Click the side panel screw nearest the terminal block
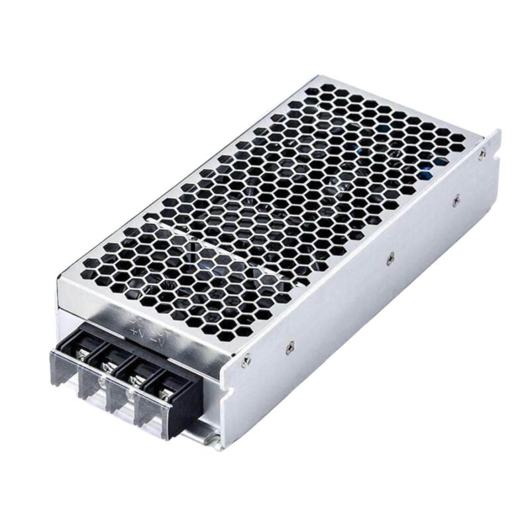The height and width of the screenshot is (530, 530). point(246,360)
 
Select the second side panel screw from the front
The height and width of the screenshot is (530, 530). point(289,344)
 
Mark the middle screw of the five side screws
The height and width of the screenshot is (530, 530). point(390,257)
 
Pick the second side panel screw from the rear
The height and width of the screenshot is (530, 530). point(455,196)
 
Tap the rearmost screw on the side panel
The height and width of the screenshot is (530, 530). point(482,154)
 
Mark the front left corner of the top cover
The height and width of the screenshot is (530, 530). point(58,282)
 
